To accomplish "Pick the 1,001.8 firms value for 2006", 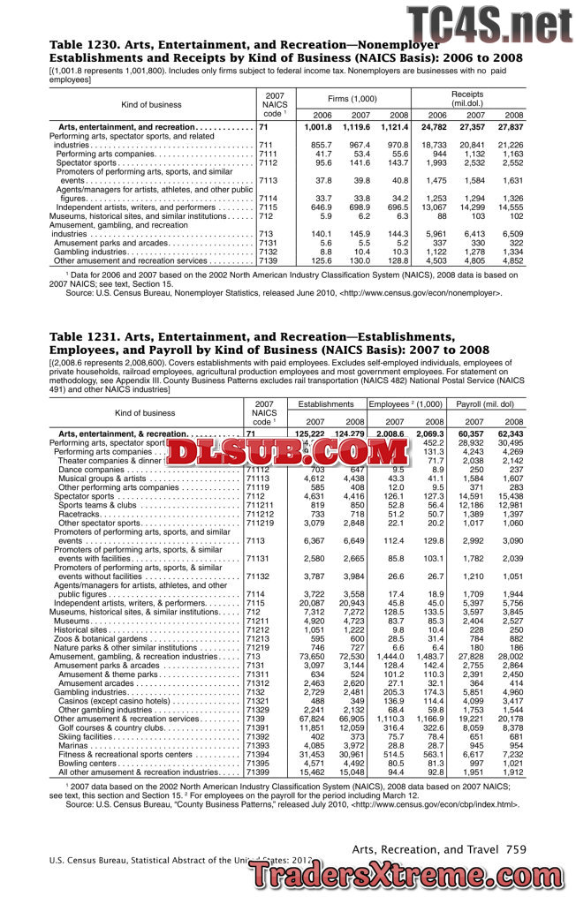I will click(x=317, y=128).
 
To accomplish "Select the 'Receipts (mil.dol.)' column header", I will click(x=467, y=98).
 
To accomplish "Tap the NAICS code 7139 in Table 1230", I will click(x=269, y=260).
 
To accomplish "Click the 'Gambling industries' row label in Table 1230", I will click(x=91, y=252).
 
